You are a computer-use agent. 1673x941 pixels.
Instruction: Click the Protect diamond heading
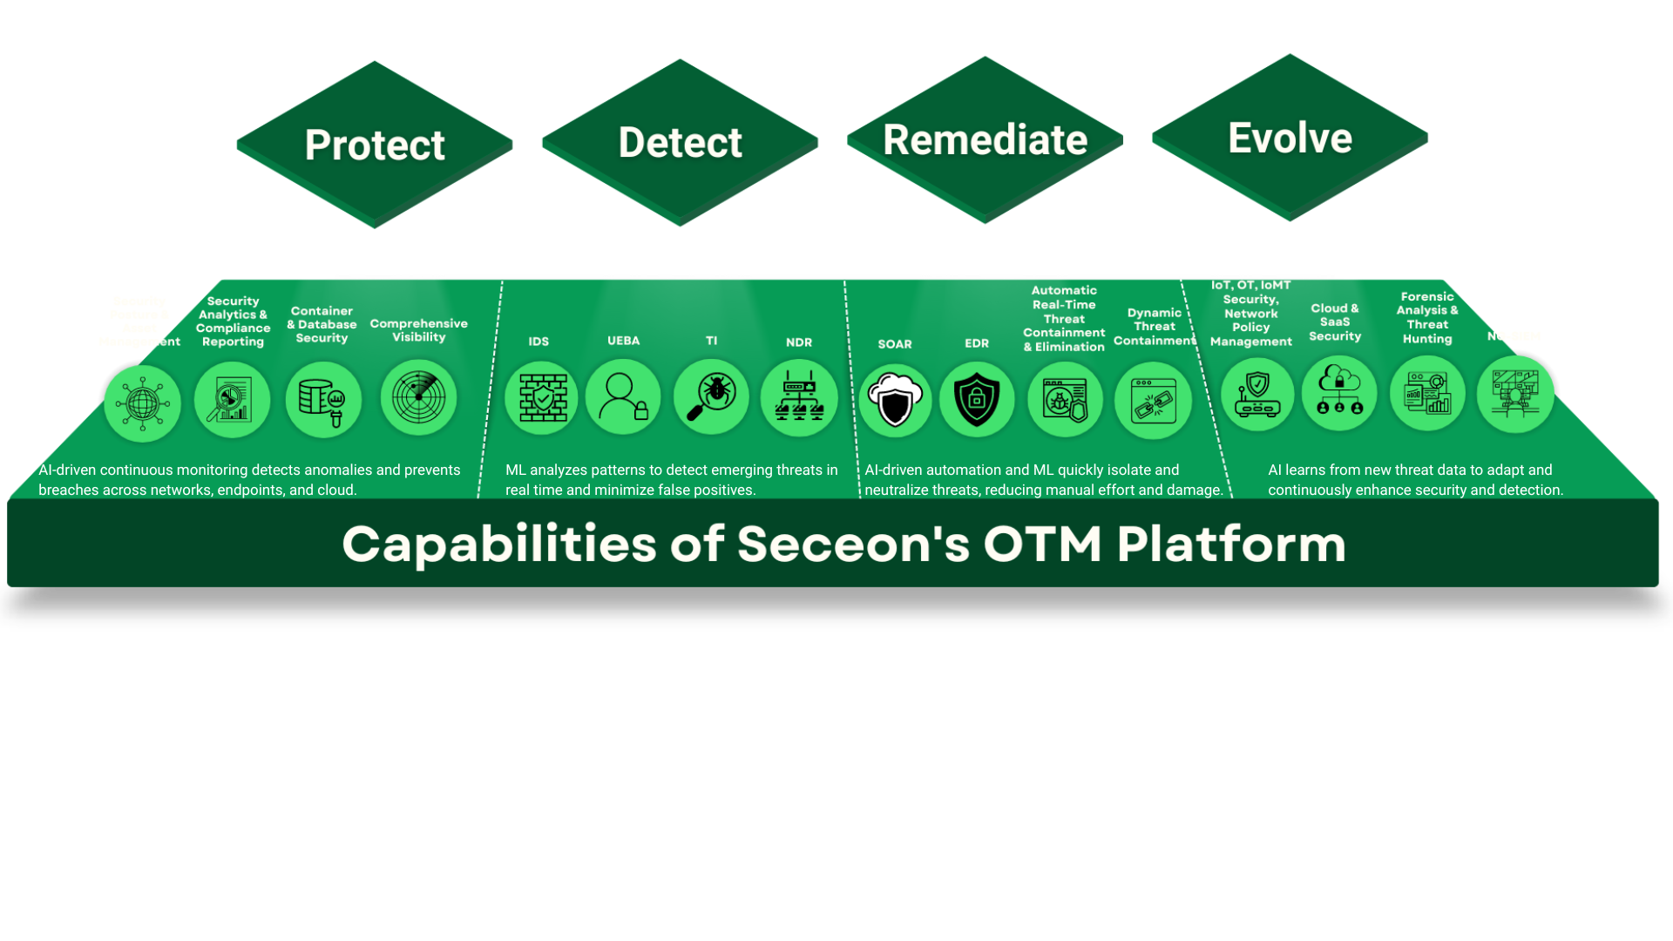pos(375,145)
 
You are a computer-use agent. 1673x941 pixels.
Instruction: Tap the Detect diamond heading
pos(680,142)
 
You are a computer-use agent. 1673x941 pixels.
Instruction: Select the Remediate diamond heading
pos(985,140)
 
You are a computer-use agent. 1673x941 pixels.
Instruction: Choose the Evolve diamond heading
pos(1290,138)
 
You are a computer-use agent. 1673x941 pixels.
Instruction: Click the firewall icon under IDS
pos(542,398)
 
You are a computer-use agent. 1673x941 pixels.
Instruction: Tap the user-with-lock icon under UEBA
pos(623,397)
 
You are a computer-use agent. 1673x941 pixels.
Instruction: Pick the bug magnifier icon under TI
pos(712,397)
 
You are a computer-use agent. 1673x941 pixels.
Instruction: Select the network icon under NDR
pos(799,398)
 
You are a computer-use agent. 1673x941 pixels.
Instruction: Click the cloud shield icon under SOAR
pos(895,400)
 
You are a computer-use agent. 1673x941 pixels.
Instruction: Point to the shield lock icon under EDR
pos(977,400)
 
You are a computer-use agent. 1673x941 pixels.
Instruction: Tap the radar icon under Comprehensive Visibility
pos(419,397)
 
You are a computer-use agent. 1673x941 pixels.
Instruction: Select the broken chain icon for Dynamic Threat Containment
pos(1153,401)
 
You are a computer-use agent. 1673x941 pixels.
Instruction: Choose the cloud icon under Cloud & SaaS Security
pos(1339,393)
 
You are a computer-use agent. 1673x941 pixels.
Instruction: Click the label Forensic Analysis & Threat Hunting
pos(1427,318)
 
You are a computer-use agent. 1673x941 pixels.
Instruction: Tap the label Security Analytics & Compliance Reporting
pos(233,322)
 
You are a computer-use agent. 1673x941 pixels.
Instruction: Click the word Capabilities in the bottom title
pos(498,544)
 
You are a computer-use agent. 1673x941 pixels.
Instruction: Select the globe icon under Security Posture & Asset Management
pos(142,403)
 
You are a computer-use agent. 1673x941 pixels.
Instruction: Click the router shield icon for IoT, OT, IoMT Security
pos(1257,394)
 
